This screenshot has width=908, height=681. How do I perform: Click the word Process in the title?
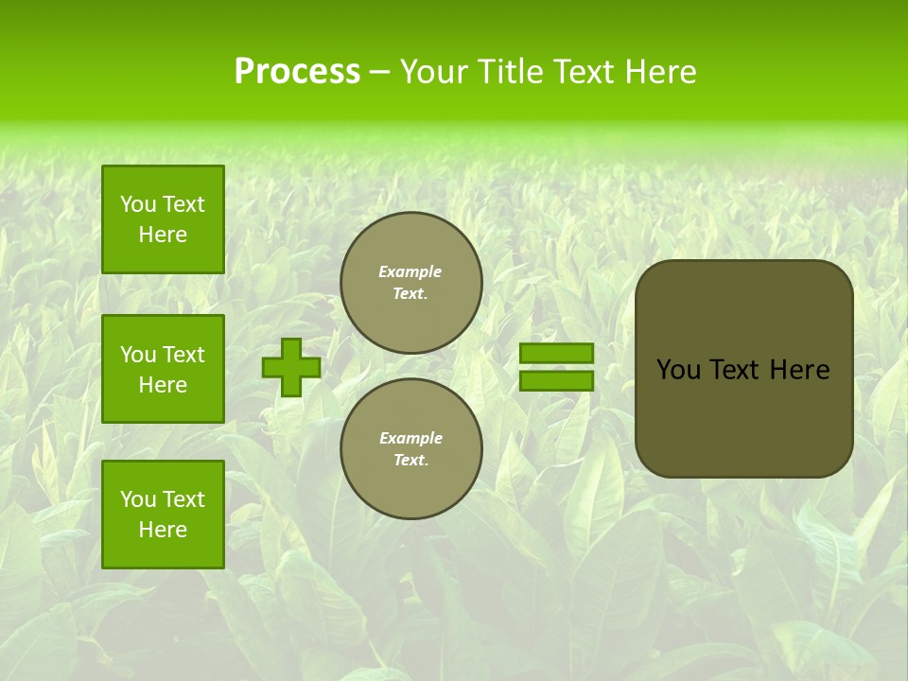coord(297,72)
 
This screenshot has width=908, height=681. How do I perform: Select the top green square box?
coord(163,219)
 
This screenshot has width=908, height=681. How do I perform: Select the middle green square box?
coord(163,369)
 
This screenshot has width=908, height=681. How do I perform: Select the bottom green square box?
coord(163,515)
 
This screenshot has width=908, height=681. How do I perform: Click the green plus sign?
coord(291,368)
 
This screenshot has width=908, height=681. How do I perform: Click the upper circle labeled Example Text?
coord(411,283)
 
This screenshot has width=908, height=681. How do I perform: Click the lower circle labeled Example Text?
coord(411,449)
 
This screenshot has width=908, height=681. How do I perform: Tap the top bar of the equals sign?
coord(556,354)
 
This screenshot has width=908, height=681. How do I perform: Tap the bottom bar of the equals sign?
coord(556,381)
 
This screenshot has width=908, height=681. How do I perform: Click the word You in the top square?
coord(138,204)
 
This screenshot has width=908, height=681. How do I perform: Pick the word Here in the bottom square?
coord(163,530)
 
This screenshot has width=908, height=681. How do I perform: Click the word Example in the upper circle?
coord(410,271)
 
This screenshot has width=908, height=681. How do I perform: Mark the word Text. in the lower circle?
coord(410,461)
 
